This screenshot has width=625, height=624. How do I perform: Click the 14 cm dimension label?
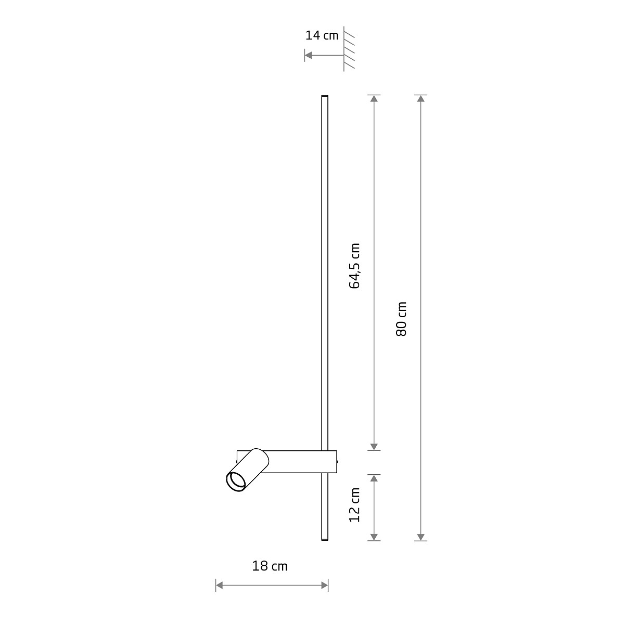322,35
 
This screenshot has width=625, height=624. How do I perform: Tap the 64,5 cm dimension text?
355,266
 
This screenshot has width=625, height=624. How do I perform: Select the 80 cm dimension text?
401,318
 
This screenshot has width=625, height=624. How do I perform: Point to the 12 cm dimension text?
355,505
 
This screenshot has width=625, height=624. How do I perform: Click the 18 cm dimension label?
270,566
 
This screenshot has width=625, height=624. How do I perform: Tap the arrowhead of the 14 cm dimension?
308,55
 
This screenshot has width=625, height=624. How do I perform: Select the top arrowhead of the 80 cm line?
421,99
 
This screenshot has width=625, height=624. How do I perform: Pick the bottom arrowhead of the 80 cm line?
421,537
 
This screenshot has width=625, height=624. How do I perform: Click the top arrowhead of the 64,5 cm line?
374,99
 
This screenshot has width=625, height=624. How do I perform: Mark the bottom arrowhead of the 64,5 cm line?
374,446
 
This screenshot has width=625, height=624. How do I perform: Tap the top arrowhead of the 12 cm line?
374,478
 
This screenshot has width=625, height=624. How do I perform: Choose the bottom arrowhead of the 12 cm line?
374,537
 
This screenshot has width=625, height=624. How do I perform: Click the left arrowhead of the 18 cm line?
220,586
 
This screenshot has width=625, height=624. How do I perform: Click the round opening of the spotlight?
236,482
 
